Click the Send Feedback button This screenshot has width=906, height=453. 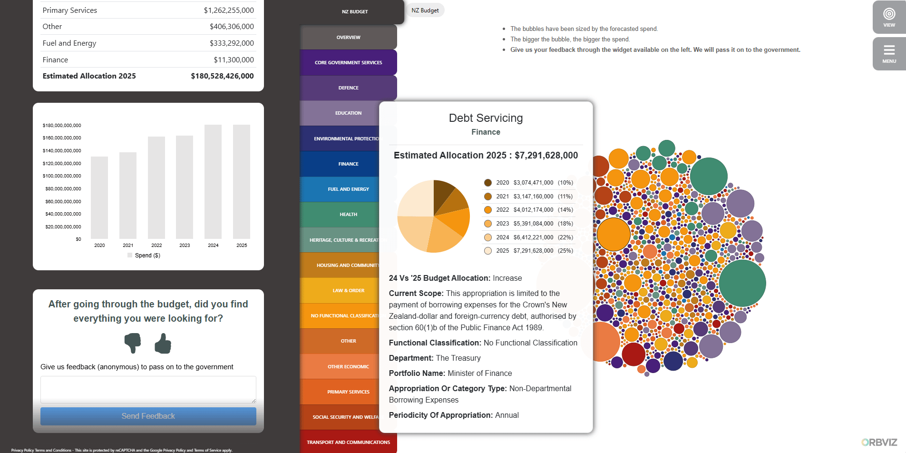point(148,416)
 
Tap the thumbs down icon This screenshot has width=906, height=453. point(133,343)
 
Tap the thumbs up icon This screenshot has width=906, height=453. point(163,343)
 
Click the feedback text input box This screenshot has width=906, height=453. point(148,389)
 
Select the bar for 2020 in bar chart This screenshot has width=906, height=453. point(99,197)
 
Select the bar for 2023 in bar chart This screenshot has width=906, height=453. point(185,187)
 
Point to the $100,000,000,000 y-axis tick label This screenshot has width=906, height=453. point(62,176)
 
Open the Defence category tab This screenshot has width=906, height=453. point(348,88)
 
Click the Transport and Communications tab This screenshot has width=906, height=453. point(348,442)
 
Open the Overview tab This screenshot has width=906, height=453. point(348,37)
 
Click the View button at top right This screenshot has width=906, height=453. point(889,17)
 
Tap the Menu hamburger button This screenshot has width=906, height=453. point(889,53)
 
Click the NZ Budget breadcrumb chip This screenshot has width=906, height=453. point(425,10)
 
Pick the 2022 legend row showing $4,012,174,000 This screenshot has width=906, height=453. point(528,210)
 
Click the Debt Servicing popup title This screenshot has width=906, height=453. point(486,118)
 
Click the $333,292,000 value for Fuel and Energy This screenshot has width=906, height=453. point(232,43)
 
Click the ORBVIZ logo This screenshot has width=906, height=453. point(879,442)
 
